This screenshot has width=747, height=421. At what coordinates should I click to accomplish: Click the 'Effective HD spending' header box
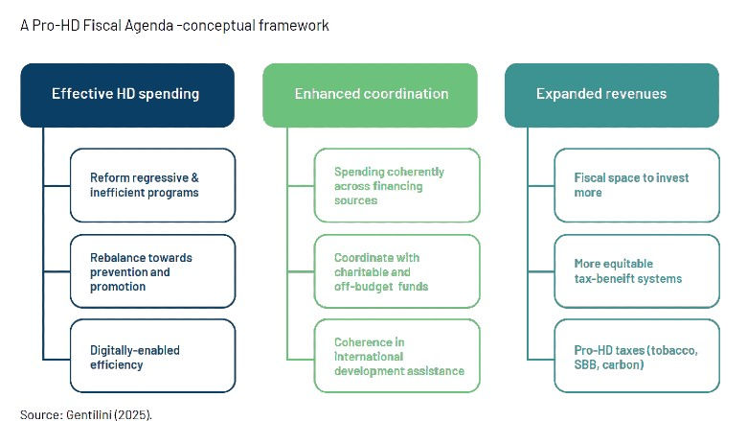[127, 95]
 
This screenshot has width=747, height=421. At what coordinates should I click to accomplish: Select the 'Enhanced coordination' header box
[370, 95]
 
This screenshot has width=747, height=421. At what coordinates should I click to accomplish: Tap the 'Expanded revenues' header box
[611, 95]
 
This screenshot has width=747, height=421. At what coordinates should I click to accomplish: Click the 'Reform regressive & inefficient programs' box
[152, 185]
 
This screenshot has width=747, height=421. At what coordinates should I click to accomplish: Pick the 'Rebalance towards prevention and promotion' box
[152, 271]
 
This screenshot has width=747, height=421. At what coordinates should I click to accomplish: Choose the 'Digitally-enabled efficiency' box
[152, 357]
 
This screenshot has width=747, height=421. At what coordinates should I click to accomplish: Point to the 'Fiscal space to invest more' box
[636, 185]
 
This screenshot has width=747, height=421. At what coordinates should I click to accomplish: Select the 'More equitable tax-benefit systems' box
[636, 271]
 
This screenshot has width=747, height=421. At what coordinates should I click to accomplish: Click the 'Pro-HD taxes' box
[636, 357]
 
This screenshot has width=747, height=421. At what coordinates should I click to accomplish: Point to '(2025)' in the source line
[133, 414]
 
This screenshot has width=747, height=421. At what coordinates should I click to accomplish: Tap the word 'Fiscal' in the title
[99, 26]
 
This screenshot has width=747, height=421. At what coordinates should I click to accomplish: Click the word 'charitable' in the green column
[363, 272]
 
